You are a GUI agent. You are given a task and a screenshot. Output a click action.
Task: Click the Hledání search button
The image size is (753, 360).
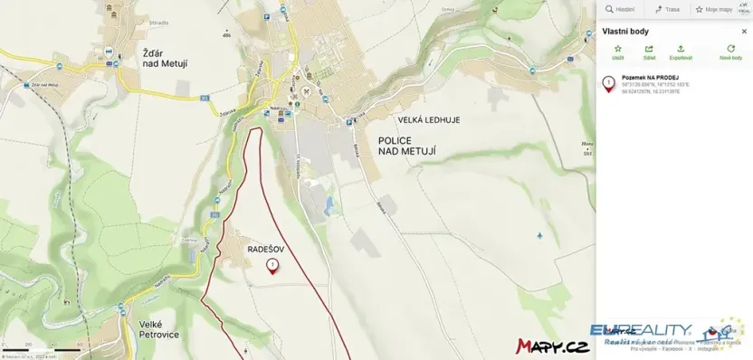619,9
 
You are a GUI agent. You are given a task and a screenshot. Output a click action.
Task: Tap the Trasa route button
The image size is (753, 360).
667,9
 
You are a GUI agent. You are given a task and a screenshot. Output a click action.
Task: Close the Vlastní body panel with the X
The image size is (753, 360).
744,31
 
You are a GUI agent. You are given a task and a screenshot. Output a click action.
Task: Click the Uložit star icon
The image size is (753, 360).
618,49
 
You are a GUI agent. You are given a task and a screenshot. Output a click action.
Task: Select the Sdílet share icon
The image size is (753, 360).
648,49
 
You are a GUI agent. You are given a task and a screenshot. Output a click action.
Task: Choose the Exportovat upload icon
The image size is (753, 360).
681,49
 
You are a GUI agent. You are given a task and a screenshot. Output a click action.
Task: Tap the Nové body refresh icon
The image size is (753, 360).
730,49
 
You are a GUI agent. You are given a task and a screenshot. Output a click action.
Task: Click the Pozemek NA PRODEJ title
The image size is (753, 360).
644,78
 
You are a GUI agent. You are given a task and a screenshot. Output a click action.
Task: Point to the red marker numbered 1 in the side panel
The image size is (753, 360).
608,84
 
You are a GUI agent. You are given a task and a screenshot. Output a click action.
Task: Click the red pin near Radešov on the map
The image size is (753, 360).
272,264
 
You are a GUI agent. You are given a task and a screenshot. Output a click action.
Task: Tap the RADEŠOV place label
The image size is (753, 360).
266,245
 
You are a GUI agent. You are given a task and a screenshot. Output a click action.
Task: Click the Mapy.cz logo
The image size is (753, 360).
552,346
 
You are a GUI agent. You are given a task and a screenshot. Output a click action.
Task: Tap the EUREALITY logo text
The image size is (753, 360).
641,330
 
